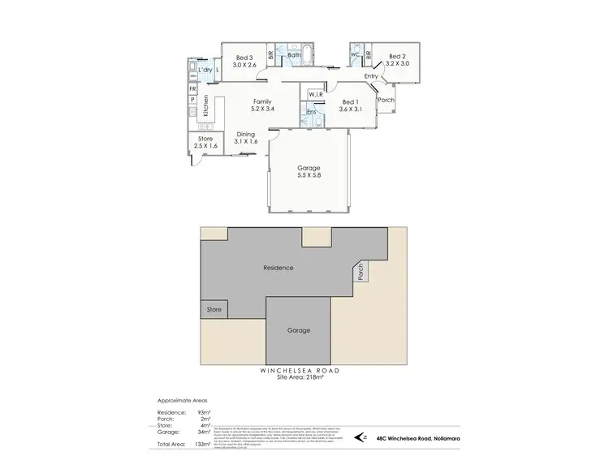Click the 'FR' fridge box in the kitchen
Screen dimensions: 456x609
[192, 87]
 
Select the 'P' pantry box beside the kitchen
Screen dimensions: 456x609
[192, 100]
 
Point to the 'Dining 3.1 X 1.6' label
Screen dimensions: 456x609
[245, 138]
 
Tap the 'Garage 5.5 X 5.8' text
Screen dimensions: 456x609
[308, 171]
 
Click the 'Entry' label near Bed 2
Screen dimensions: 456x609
[372, 76]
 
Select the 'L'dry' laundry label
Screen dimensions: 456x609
[205, 71]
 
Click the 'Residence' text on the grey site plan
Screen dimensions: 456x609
[278, 268]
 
